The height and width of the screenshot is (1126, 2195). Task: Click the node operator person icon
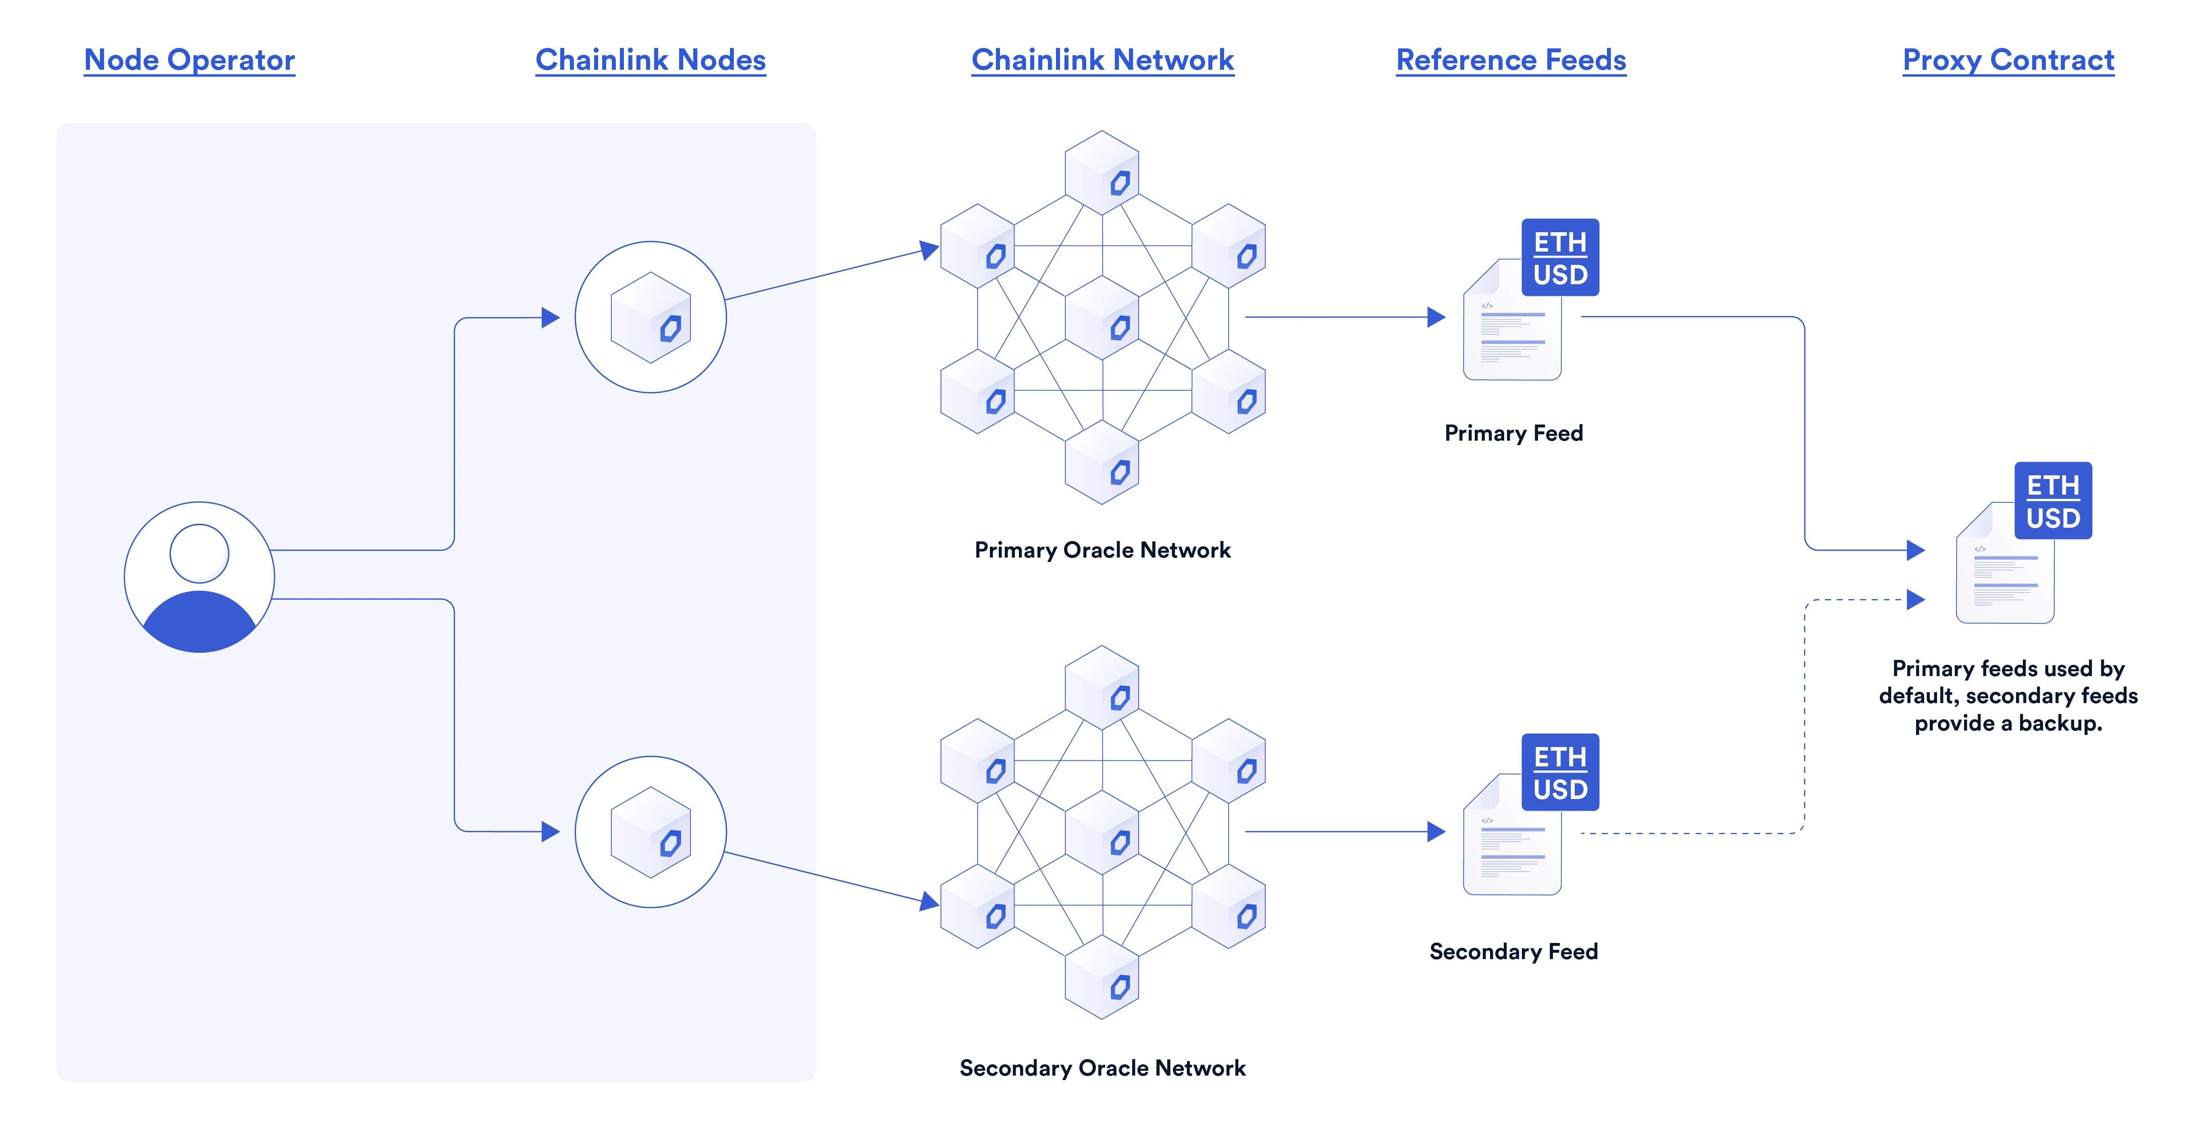[200, 577]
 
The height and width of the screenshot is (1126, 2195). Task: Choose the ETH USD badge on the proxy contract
[2053, 501]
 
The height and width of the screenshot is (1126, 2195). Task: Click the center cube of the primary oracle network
[1103, 317]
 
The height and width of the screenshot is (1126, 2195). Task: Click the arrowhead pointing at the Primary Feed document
[1436, 317]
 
